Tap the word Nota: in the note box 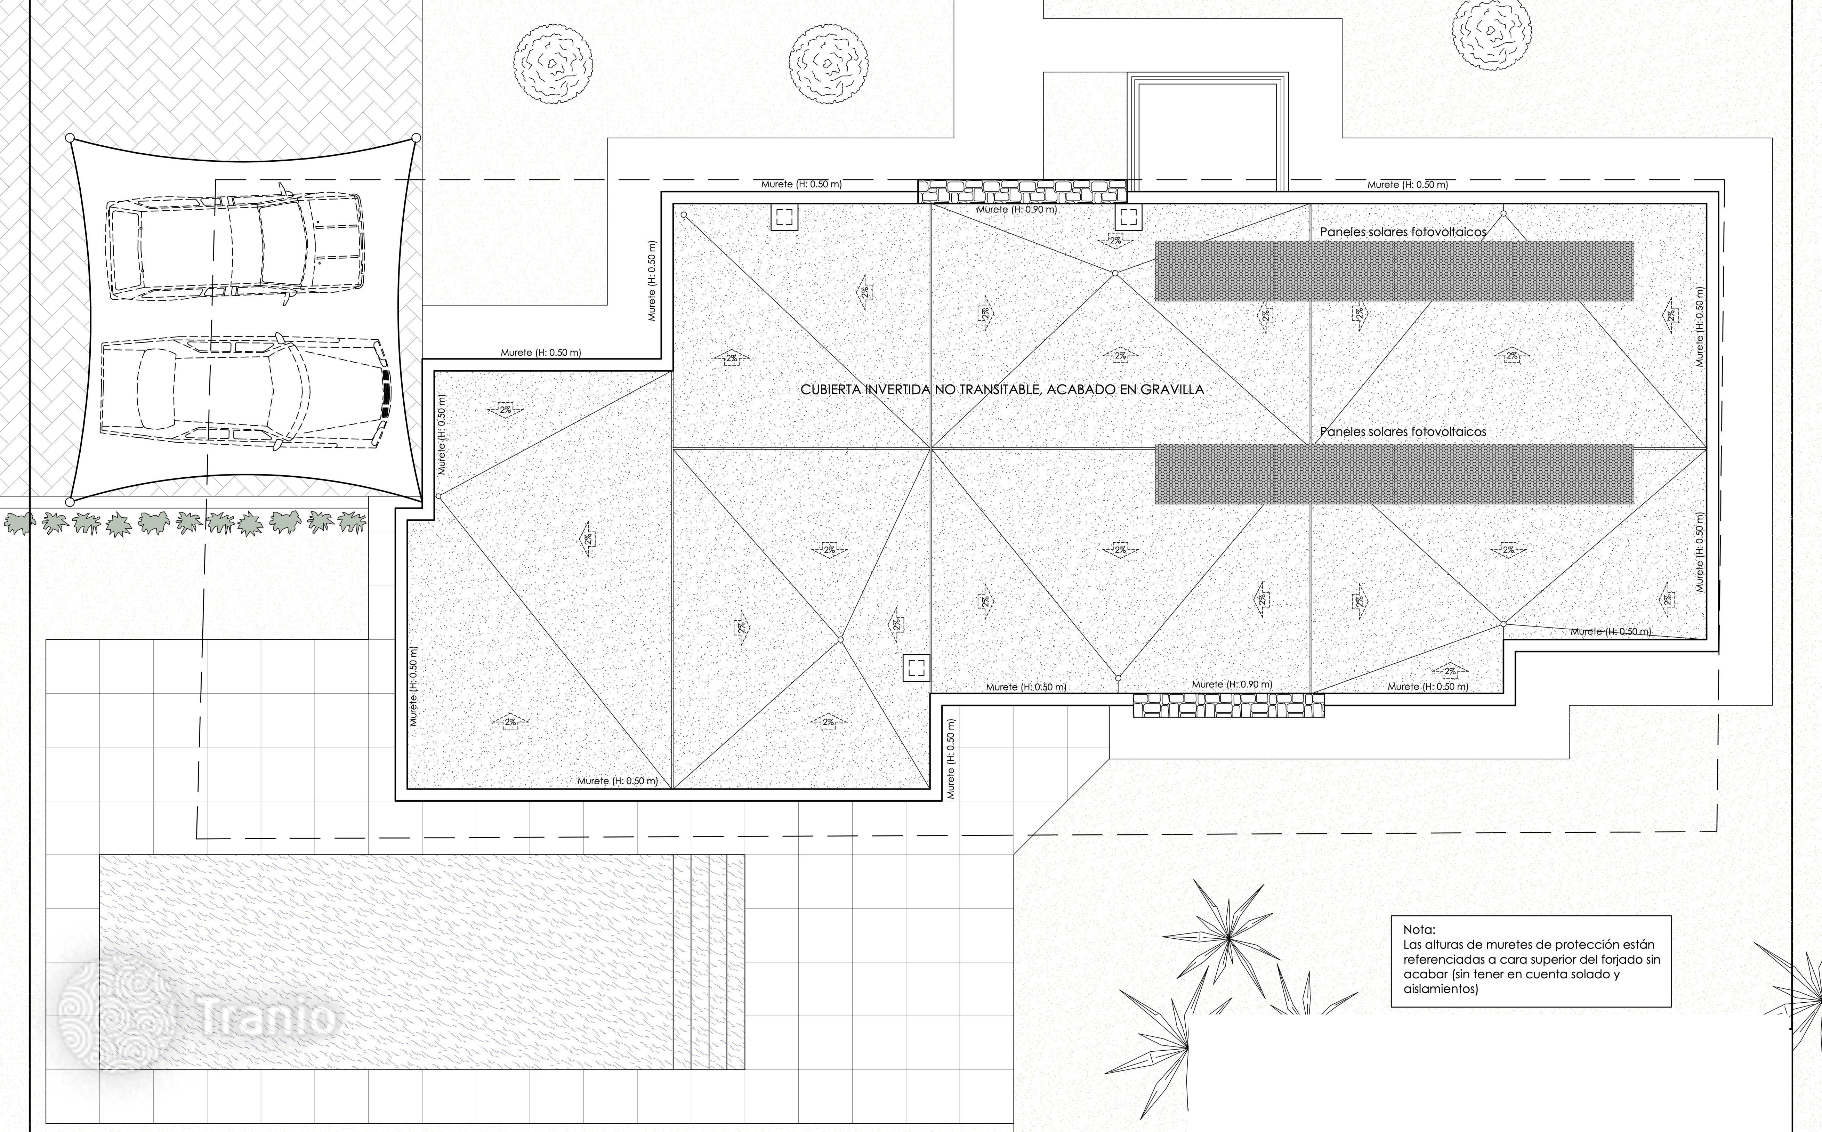pyautogui.click(x=1419, y=930)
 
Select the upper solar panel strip pyautogui.click(x=1394, y=271)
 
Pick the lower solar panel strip pyautogui.click(x=1394, y=473)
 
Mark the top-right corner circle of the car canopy pyautogui.click(x=416, y=138)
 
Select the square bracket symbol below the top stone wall pyautogui.click(x=1128, y=218)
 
